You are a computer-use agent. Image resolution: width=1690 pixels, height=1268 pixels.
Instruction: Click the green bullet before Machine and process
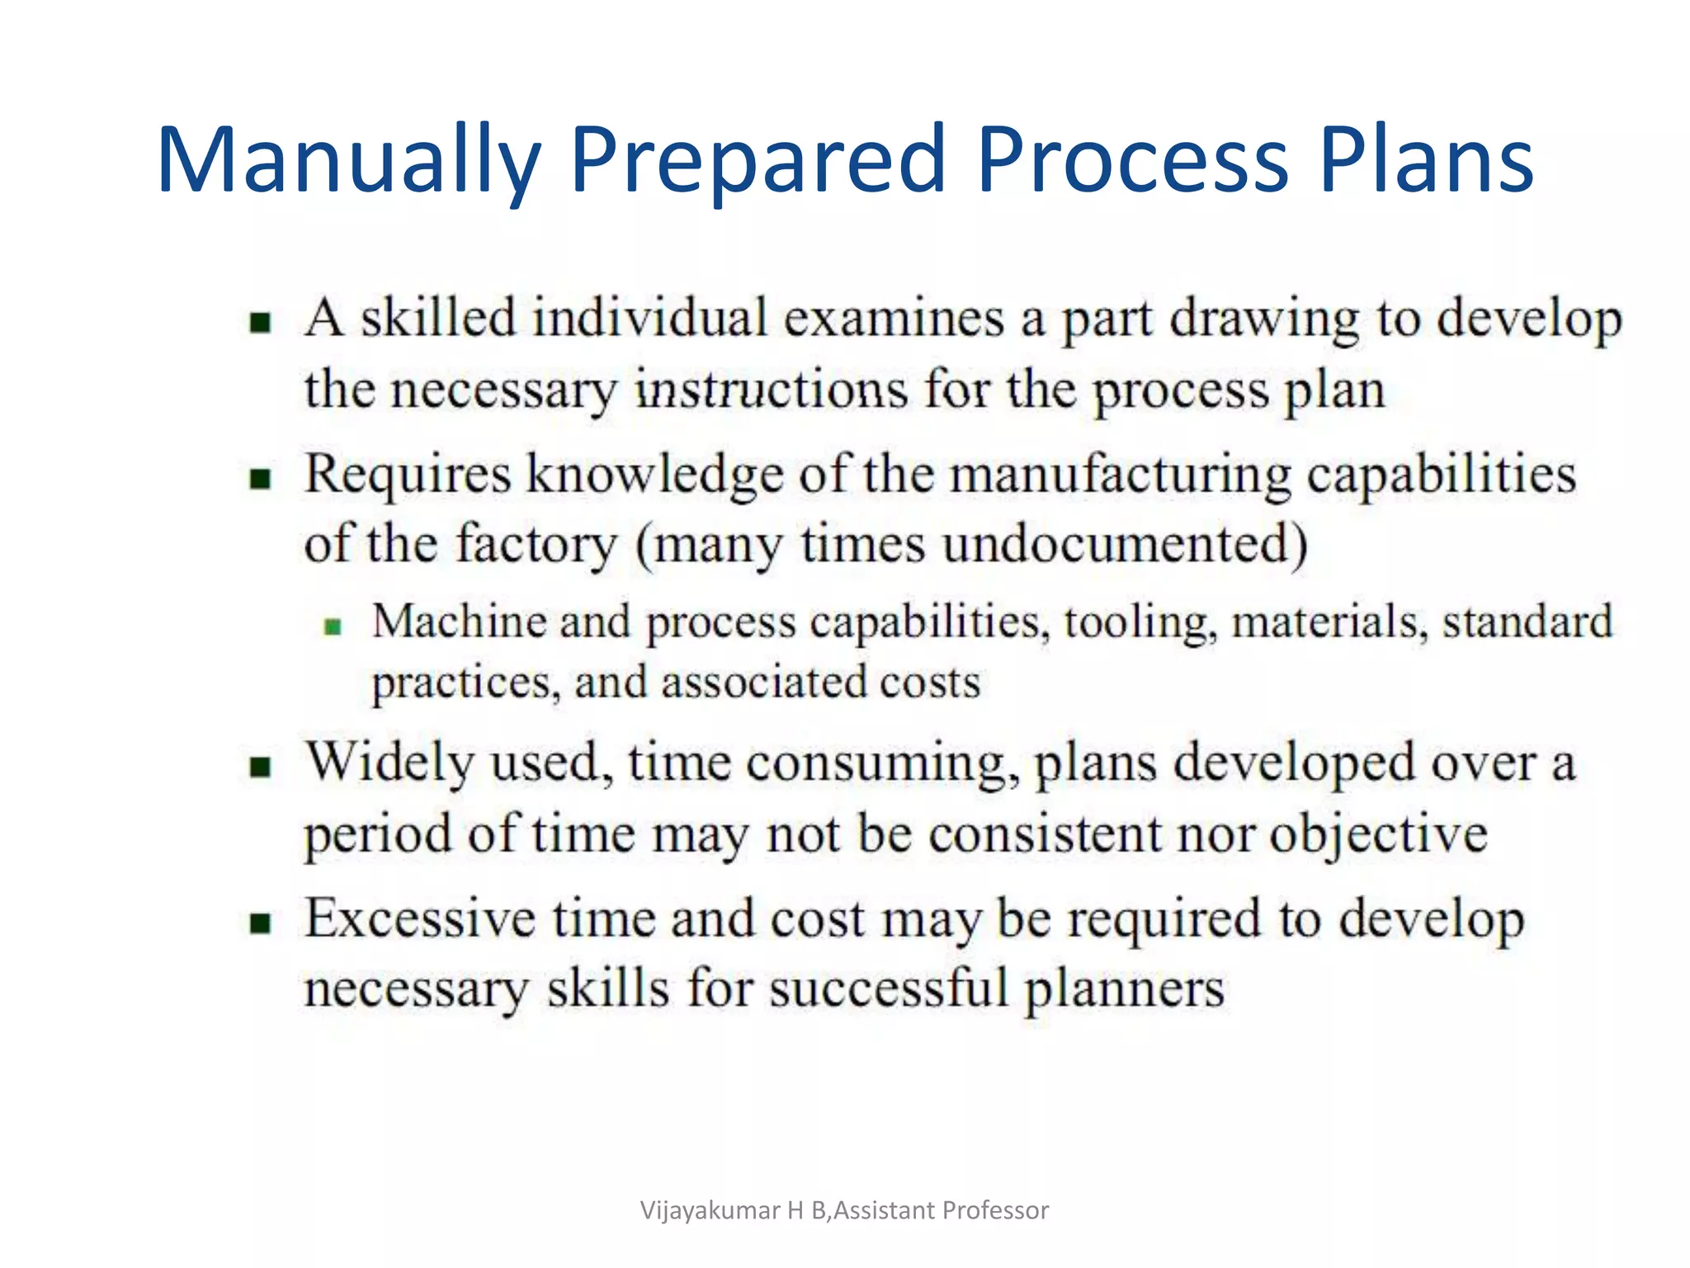(333, 627)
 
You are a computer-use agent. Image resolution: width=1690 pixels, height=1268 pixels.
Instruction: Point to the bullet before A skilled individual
(261, 322)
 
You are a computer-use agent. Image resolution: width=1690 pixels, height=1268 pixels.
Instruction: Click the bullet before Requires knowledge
(261, 479)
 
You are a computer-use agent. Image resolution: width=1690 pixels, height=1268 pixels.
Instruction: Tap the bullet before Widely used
(261, 767)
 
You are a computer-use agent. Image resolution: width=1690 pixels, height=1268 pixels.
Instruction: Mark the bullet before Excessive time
(261, 923)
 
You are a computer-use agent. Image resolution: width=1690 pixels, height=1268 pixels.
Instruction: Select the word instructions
(771, 389)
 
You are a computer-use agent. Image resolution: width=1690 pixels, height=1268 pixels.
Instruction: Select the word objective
(1378, 834)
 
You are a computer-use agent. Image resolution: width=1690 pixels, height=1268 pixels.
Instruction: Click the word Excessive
(420, 919)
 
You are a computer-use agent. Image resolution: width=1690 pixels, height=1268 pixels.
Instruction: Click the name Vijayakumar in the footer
(710, 1210)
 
